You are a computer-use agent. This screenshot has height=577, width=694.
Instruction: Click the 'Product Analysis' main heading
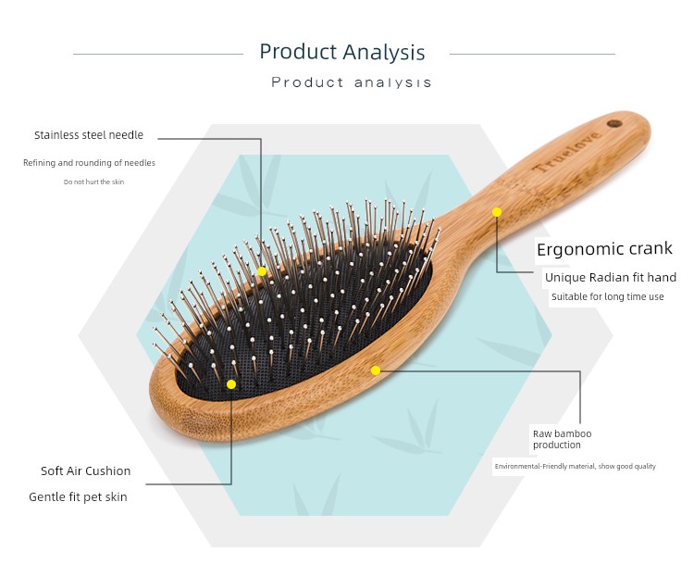pos(342,52)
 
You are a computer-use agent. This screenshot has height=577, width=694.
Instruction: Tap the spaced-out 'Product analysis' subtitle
pos(351,82)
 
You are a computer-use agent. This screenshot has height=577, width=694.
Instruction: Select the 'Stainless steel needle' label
pos(89,135)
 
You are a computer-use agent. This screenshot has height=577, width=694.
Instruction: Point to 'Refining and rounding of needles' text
pos(90,163)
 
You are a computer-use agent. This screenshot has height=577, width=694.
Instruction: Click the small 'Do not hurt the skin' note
pos(93,182)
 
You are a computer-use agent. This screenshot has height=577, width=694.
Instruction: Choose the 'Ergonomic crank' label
pos(604,249)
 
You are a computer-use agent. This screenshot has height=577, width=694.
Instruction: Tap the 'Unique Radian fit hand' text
pos(611,278)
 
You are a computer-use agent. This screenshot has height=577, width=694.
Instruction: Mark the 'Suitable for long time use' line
pos(608,296)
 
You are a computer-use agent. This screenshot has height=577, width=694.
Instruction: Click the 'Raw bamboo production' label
pos(562,439)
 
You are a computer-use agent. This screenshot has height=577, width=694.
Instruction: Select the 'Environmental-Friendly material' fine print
pos(576,466)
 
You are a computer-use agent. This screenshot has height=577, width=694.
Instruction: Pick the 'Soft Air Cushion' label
pos(86,470)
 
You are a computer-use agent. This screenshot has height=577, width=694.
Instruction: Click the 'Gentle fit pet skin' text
pos(78,497)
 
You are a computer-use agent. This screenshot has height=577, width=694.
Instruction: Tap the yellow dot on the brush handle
pos(497,212)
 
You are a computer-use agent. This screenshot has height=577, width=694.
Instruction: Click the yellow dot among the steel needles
pos(262,271)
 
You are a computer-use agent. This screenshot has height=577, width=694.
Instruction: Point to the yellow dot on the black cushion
pos(231,384)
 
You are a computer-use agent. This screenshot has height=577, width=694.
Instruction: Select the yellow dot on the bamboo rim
pos(376,370)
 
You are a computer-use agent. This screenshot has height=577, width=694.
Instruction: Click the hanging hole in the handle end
pos(614,124)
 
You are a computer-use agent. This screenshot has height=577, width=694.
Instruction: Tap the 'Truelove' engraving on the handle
pos(567,151)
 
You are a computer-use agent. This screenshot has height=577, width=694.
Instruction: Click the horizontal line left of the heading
pos(158,54)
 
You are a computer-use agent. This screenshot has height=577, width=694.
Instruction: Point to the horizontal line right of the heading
pos(532,54)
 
